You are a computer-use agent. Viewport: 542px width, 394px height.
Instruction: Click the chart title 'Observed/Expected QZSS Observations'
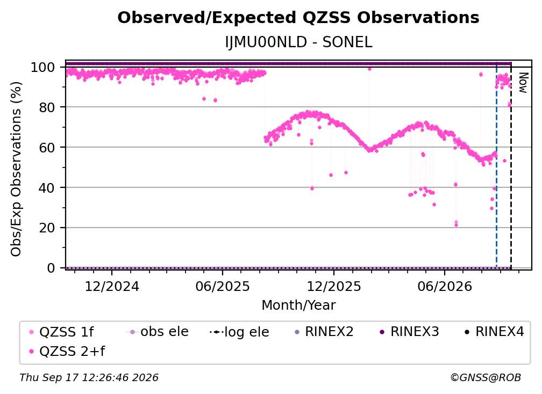tap(298, 18)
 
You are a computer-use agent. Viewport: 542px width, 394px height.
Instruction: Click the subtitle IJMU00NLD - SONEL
tap(298, 42)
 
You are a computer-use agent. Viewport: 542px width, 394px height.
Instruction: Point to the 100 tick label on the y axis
tap(43, 67)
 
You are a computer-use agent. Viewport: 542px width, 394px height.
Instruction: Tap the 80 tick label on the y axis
tap(47, 107)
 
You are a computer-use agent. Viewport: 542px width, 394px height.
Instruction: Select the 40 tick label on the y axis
tap(47, 188)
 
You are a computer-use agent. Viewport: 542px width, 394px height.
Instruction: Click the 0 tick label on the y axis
tap(51, 268)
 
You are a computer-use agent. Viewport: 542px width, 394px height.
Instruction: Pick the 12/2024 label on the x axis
tap(112, 286)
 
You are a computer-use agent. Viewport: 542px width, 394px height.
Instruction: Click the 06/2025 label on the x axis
tap(222, 286)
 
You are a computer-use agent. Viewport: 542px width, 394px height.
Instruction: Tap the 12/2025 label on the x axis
tap(333, 286)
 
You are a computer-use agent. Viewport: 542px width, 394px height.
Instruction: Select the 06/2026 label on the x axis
tap(445, 286)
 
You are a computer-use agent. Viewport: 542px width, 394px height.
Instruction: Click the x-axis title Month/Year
tap(298, 305)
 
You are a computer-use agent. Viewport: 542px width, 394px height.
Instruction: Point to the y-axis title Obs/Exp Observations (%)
tap(16, 169)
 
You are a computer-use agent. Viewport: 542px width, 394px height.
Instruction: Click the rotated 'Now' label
tap(523, 83)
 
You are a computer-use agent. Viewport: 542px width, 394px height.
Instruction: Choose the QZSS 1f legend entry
tap(62, 332)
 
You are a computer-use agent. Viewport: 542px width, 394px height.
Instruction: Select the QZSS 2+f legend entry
tap(67, 351)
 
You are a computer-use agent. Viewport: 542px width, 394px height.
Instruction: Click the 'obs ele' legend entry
tap(157, 332)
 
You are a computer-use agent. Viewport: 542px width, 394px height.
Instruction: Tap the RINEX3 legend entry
tap(409, 332)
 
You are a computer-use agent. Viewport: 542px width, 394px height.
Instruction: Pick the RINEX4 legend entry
tap(494, 332)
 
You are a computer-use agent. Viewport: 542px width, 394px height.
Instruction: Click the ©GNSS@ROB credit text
tap(486, 378)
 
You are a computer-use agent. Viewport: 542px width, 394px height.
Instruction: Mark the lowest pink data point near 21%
tap(456, 225)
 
